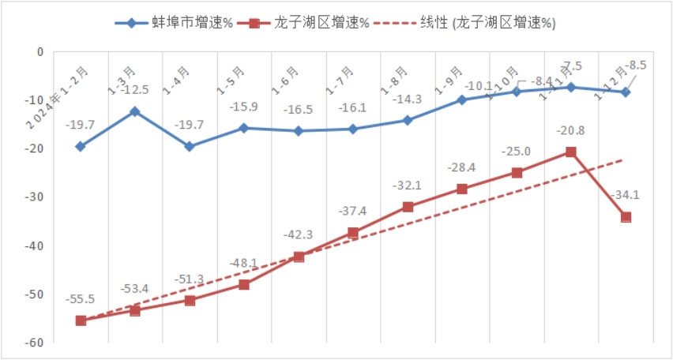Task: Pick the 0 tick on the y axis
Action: tap(41, 52)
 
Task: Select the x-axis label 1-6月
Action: tap(287, 79)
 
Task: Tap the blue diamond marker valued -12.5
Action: tap(134, 111)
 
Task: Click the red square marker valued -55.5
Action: tap(81, 321)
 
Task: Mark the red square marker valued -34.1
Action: tap(626, 217)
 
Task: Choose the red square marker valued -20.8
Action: tap(571, 152)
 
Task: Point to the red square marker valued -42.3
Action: tap(299, 257)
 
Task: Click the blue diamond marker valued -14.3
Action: tap(408, 121)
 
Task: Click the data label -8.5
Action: tap(634, 66)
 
